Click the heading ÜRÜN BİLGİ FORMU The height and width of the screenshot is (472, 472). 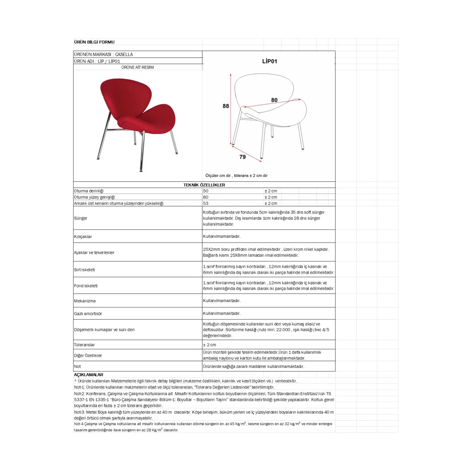point(94,42)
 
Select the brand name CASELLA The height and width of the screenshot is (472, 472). point(124,54)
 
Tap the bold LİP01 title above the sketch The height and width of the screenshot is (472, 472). point(269,61)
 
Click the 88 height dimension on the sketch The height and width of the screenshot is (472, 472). point(226,106)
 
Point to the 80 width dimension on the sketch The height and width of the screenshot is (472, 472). point(274,100)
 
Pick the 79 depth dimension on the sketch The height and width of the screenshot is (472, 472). point(242,157)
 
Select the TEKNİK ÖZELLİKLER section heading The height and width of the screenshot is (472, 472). point(204,185)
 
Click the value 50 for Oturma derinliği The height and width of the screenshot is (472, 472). point(206,191)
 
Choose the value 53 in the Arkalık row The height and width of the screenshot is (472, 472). point(206,203)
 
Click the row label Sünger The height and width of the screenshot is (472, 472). point(81,218)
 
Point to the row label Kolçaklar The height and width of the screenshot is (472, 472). point(83,237)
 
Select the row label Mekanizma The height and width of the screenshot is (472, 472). point(85,301)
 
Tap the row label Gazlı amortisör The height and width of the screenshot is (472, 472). point(88,314)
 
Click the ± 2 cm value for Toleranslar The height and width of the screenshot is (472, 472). point(209,345)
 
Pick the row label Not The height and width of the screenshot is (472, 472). point(77,366)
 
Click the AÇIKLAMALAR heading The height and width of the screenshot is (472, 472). point(88,375)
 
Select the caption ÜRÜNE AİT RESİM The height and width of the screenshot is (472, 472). point(137,67)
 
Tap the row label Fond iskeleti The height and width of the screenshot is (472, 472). point(86,286)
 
